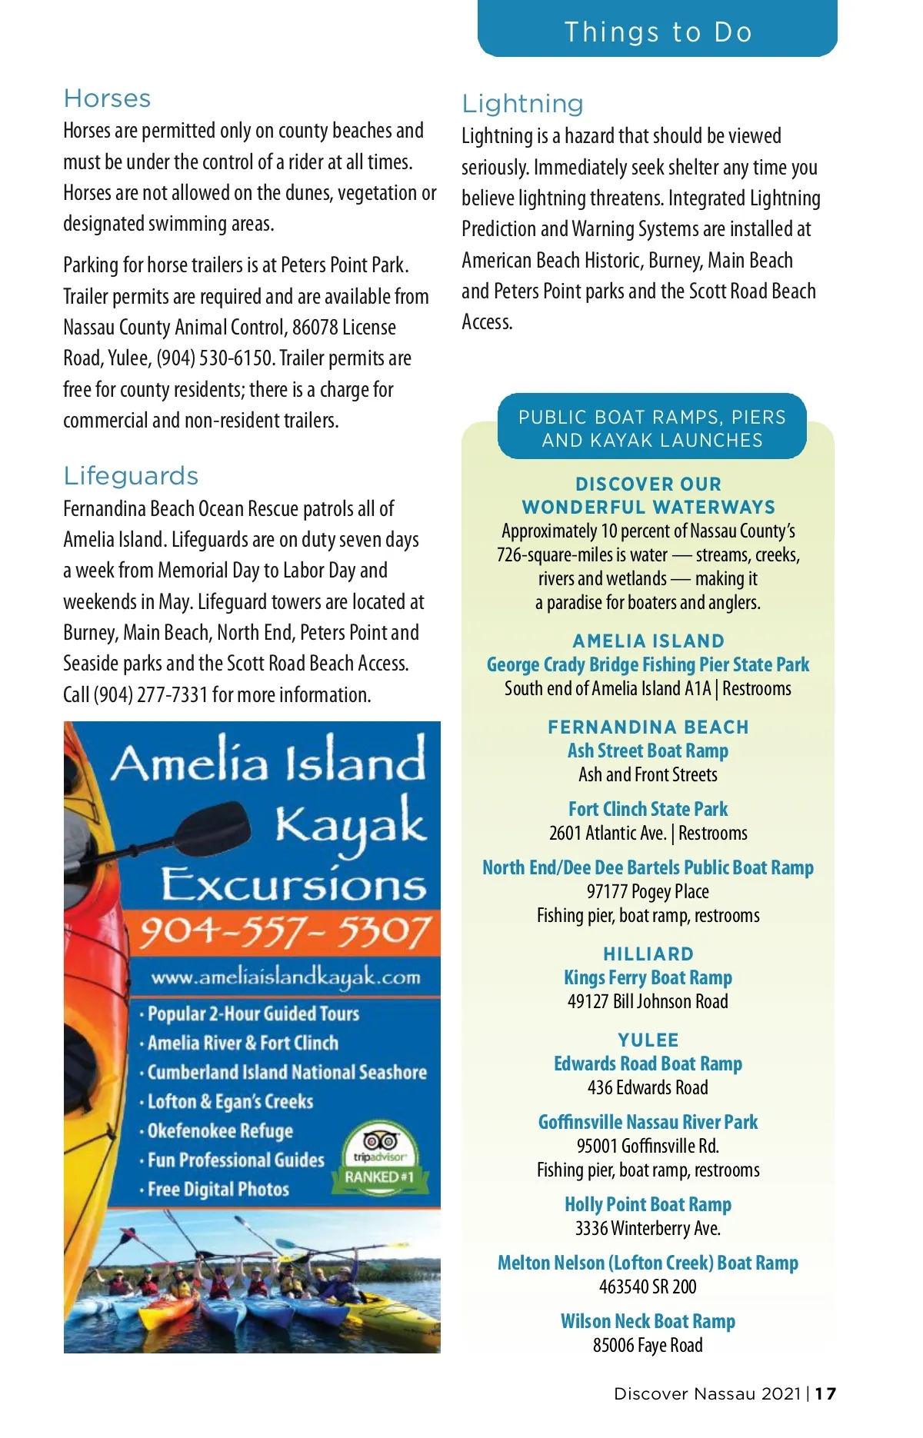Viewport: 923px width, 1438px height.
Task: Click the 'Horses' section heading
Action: click(107, 98)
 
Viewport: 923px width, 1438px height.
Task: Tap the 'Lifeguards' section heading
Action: click(131, 476)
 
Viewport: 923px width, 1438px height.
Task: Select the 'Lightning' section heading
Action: click(522, 104)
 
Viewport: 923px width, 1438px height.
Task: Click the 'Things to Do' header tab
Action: click(658, 32)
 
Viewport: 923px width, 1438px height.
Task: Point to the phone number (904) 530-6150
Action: click(215, 358)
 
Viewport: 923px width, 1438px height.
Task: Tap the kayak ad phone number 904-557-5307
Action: click(285, 932)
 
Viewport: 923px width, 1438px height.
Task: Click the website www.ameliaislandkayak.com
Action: click(285, 977)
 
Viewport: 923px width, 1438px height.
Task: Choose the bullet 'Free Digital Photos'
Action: click(218, 1190)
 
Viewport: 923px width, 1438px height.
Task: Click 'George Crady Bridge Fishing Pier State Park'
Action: click(648, 664)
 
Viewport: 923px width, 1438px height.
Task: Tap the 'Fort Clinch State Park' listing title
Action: click(648, 809)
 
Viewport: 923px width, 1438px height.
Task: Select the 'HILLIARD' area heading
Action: click(648, 954)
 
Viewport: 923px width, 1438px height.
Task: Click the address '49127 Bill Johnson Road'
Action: click(648, 1001)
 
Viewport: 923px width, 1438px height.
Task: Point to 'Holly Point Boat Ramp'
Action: click(648, 1204)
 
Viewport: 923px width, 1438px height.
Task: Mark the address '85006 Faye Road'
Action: click(648, 1345)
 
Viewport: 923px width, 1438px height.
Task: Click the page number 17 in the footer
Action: click(826, 1393)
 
